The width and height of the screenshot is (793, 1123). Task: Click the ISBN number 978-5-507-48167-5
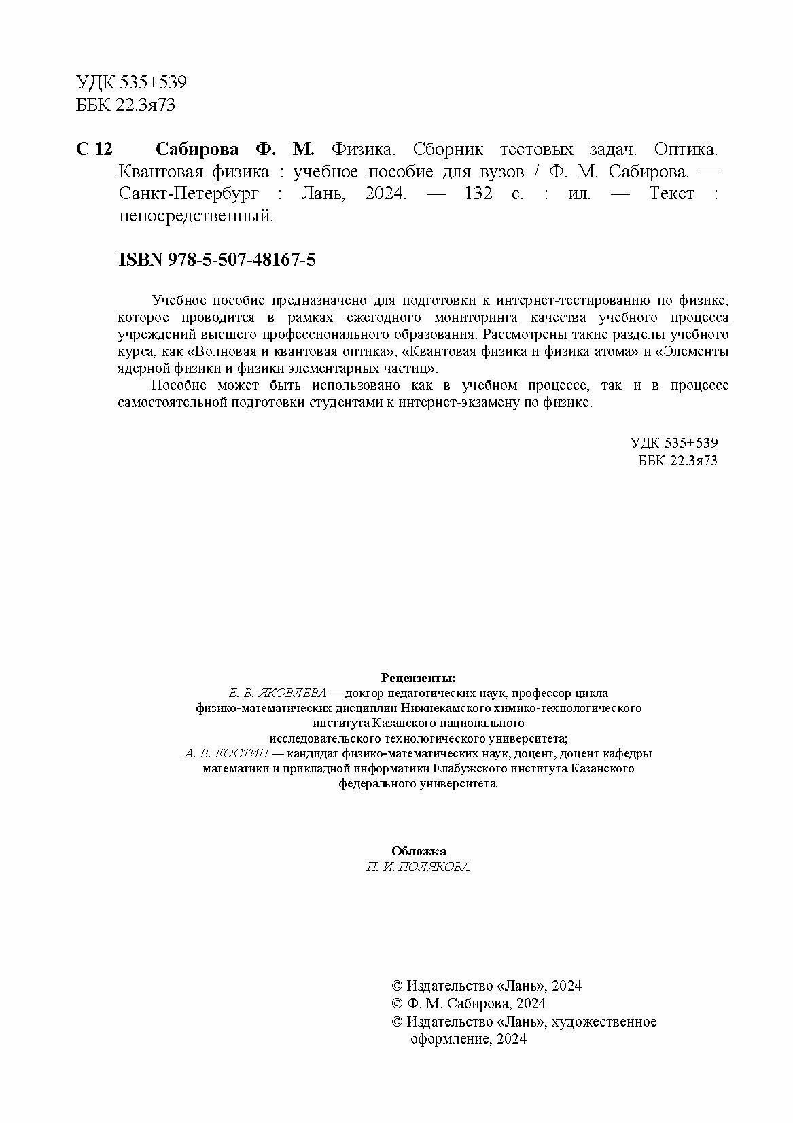(243, 260)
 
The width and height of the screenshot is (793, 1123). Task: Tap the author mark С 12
(94, 149)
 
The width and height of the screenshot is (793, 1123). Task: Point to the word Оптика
(686, 149)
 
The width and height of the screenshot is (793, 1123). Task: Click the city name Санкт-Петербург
(189, 194)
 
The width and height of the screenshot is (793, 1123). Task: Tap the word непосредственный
(196, 216)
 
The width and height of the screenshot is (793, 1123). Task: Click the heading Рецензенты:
(419, 678)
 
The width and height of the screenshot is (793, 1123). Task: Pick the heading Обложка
(419, 851)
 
